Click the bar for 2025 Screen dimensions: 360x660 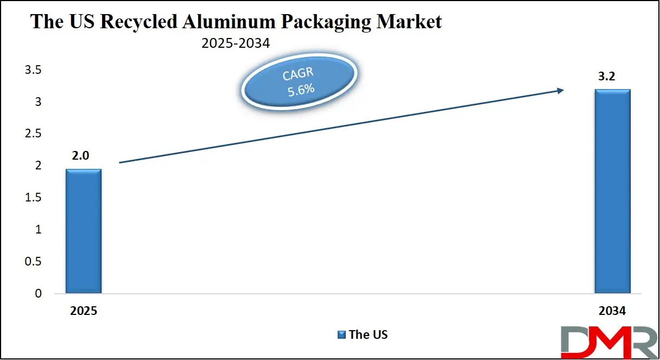(84, 231)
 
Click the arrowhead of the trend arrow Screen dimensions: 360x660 (561, 91)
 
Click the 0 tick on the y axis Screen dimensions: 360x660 (38, 294)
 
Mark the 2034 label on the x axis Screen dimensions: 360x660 (612, 312)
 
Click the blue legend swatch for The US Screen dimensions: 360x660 (341, 335)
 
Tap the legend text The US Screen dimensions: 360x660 (369, 335)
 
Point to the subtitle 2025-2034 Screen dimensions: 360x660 (235, 43)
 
